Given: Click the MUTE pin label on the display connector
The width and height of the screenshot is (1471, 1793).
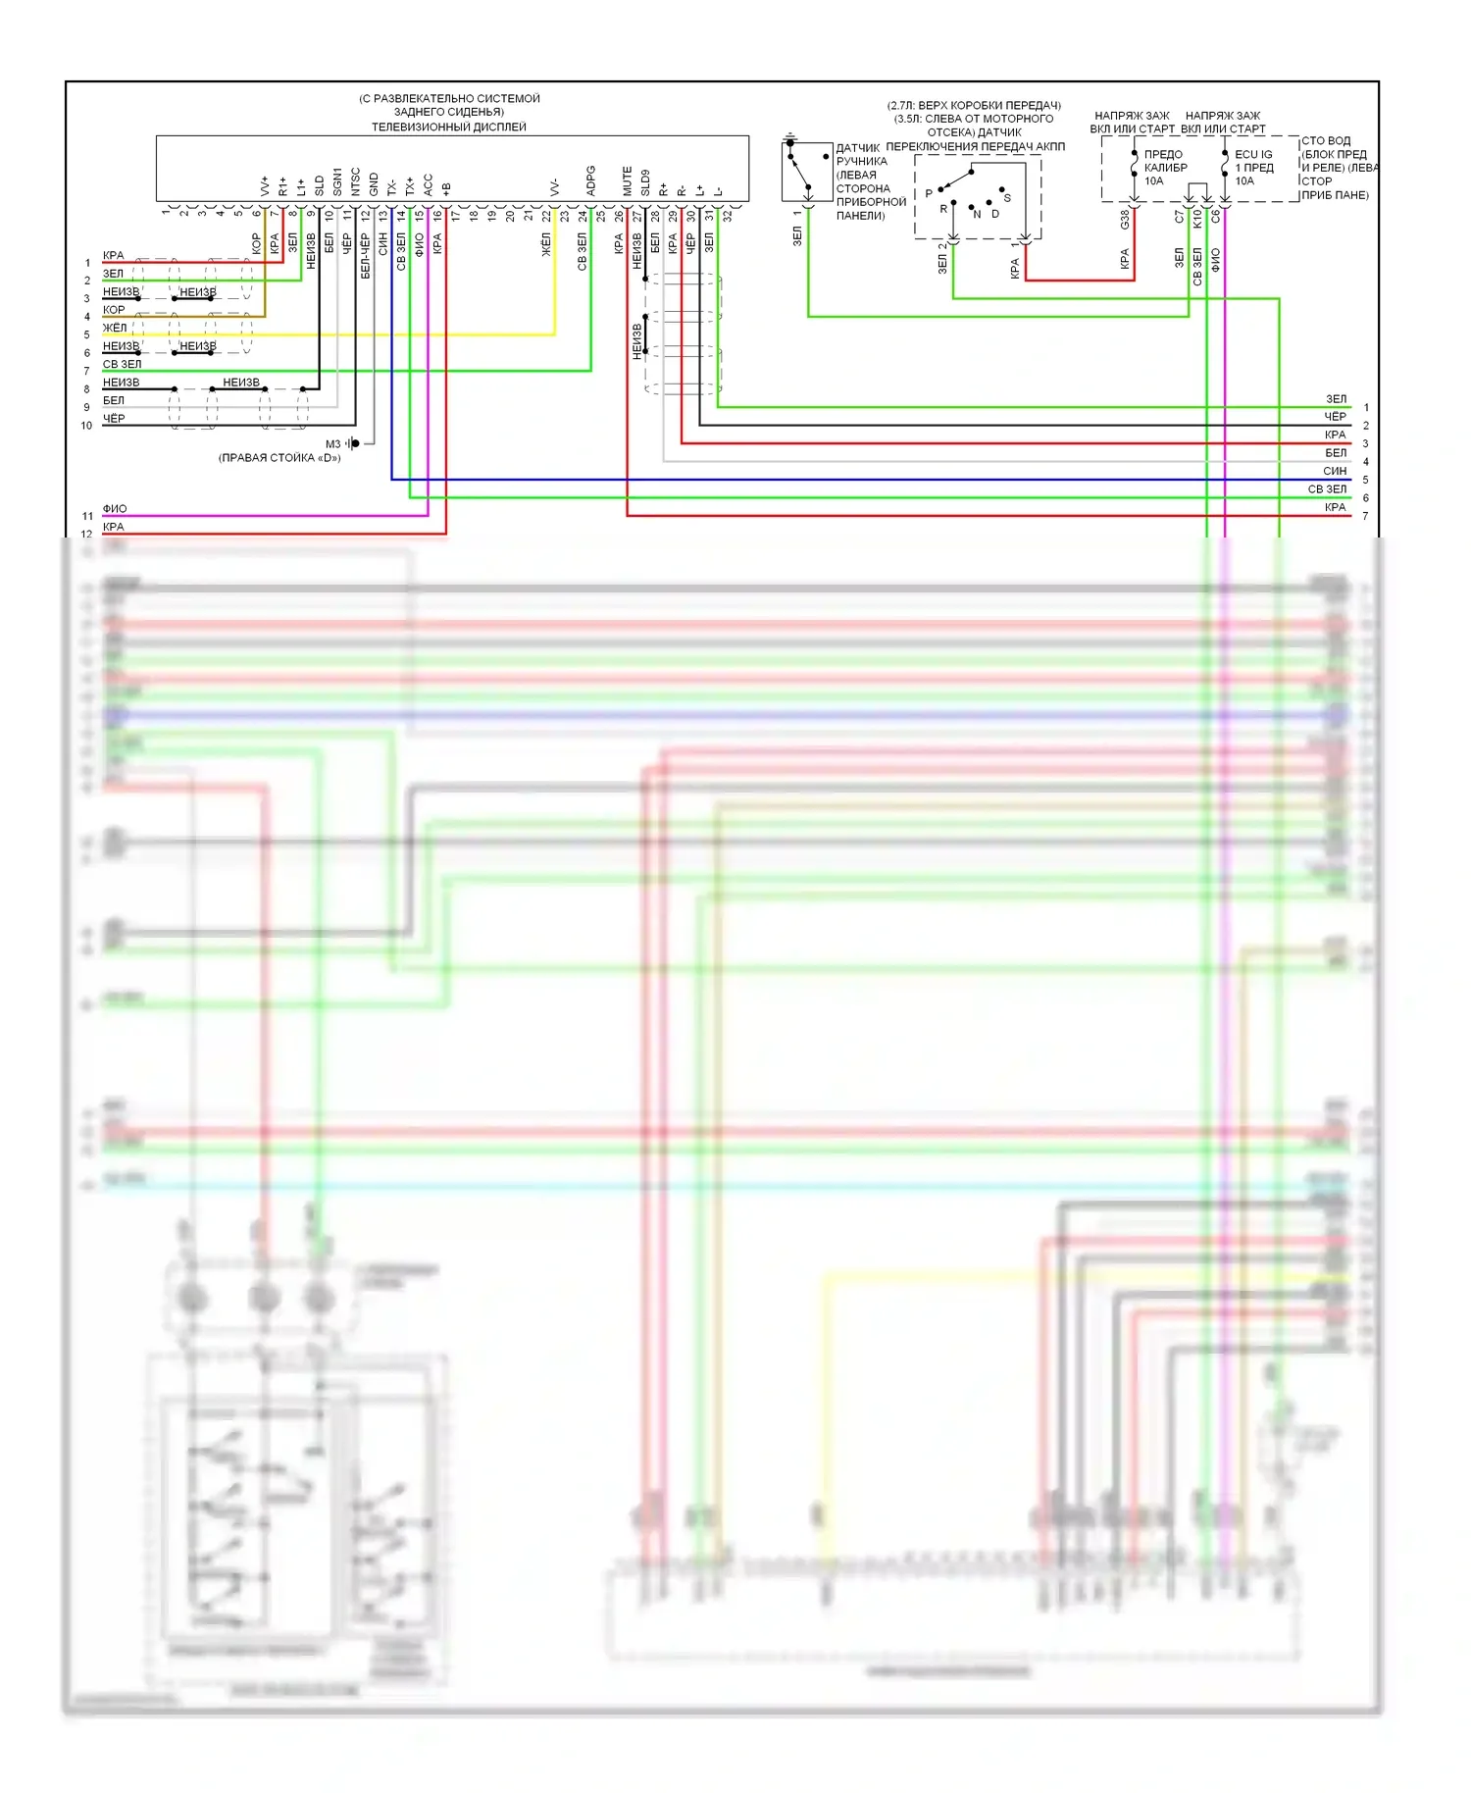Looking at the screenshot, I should tap(627, 180).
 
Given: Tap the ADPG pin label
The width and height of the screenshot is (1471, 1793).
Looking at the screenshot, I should tap(590, 180).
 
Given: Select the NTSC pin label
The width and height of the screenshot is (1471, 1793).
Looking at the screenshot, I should tap(355, 181).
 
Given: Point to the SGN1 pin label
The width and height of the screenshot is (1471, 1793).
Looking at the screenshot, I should tap(337, 181).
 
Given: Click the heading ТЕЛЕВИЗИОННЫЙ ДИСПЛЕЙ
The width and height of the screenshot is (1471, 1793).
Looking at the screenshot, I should tap(448, 127).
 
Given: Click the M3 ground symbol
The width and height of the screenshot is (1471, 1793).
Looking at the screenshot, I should tap(354, 443).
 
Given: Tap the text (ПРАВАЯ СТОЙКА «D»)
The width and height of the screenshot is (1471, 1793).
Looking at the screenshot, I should tap(279, 458).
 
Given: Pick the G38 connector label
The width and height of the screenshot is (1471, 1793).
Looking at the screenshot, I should tap(1124, 220).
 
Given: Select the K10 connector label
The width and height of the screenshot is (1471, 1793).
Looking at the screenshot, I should tap(1196, 218).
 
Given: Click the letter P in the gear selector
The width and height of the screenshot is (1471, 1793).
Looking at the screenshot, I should tap(929, 193).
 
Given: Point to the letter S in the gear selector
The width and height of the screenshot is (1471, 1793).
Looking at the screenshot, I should tap(1007, 198).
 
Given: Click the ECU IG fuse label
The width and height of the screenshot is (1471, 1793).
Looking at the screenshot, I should tap(1253, 154).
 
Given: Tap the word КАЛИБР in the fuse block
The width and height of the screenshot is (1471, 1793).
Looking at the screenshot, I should tap(1165, 168).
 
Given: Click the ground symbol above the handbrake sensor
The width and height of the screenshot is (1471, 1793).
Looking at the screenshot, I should tap(790, 139).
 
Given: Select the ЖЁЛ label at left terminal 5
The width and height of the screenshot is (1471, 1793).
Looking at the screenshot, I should tap(115, 328).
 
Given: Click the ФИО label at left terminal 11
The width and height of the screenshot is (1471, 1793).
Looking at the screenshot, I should tap(115, 508).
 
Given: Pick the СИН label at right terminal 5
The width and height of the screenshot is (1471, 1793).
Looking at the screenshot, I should tap(1334, 471).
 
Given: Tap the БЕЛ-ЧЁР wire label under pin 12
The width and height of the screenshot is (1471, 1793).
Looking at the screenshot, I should tap(365, 255).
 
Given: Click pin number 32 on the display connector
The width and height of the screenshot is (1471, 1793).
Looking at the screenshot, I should tap(727, 216).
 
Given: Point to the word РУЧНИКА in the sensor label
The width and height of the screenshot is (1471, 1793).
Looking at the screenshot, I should tap(861, 161).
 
